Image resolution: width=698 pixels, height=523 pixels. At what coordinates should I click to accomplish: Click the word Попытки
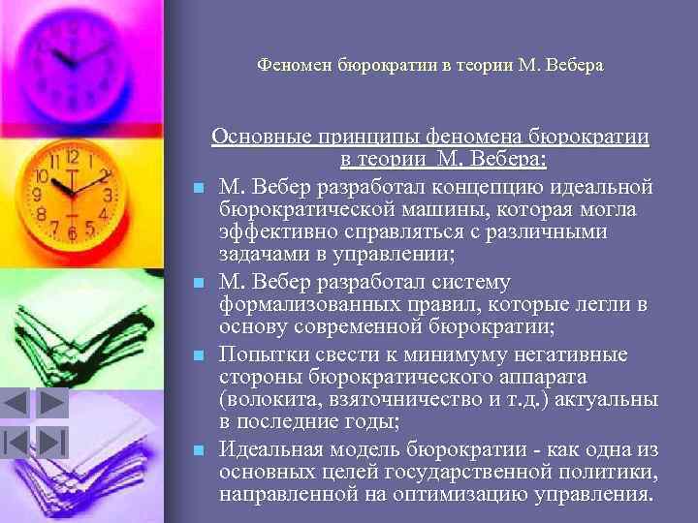tap(261, 353)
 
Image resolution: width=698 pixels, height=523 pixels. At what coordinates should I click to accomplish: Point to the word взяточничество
tap(394, 400)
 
